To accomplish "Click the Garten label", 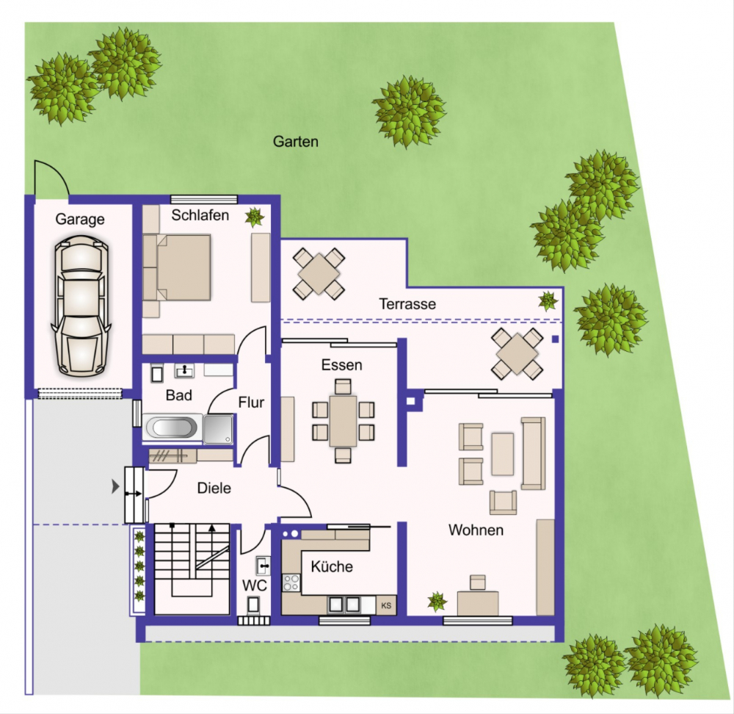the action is [295, 142].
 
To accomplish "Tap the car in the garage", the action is [81, 307].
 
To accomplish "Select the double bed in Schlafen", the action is [177, 267].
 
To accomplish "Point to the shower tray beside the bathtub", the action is [218, 428].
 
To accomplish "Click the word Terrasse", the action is [407, 304].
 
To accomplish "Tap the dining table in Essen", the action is [343, 421].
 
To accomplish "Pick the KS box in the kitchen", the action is [386, 605].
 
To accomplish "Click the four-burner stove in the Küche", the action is [291, 583].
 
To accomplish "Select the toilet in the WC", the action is [253, 605].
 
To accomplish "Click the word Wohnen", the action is [476, 530].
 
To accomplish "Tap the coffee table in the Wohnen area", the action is [502, 454].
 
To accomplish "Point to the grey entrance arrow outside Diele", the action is [115, 487].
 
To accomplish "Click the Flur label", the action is [251, 402].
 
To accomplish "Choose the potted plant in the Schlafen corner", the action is [255, 217].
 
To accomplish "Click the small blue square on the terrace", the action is [555, 339].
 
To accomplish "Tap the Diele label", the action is [214, 488].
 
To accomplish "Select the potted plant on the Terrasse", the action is [548, 300].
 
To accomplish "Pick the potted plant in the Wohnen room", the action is [437, 602].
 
